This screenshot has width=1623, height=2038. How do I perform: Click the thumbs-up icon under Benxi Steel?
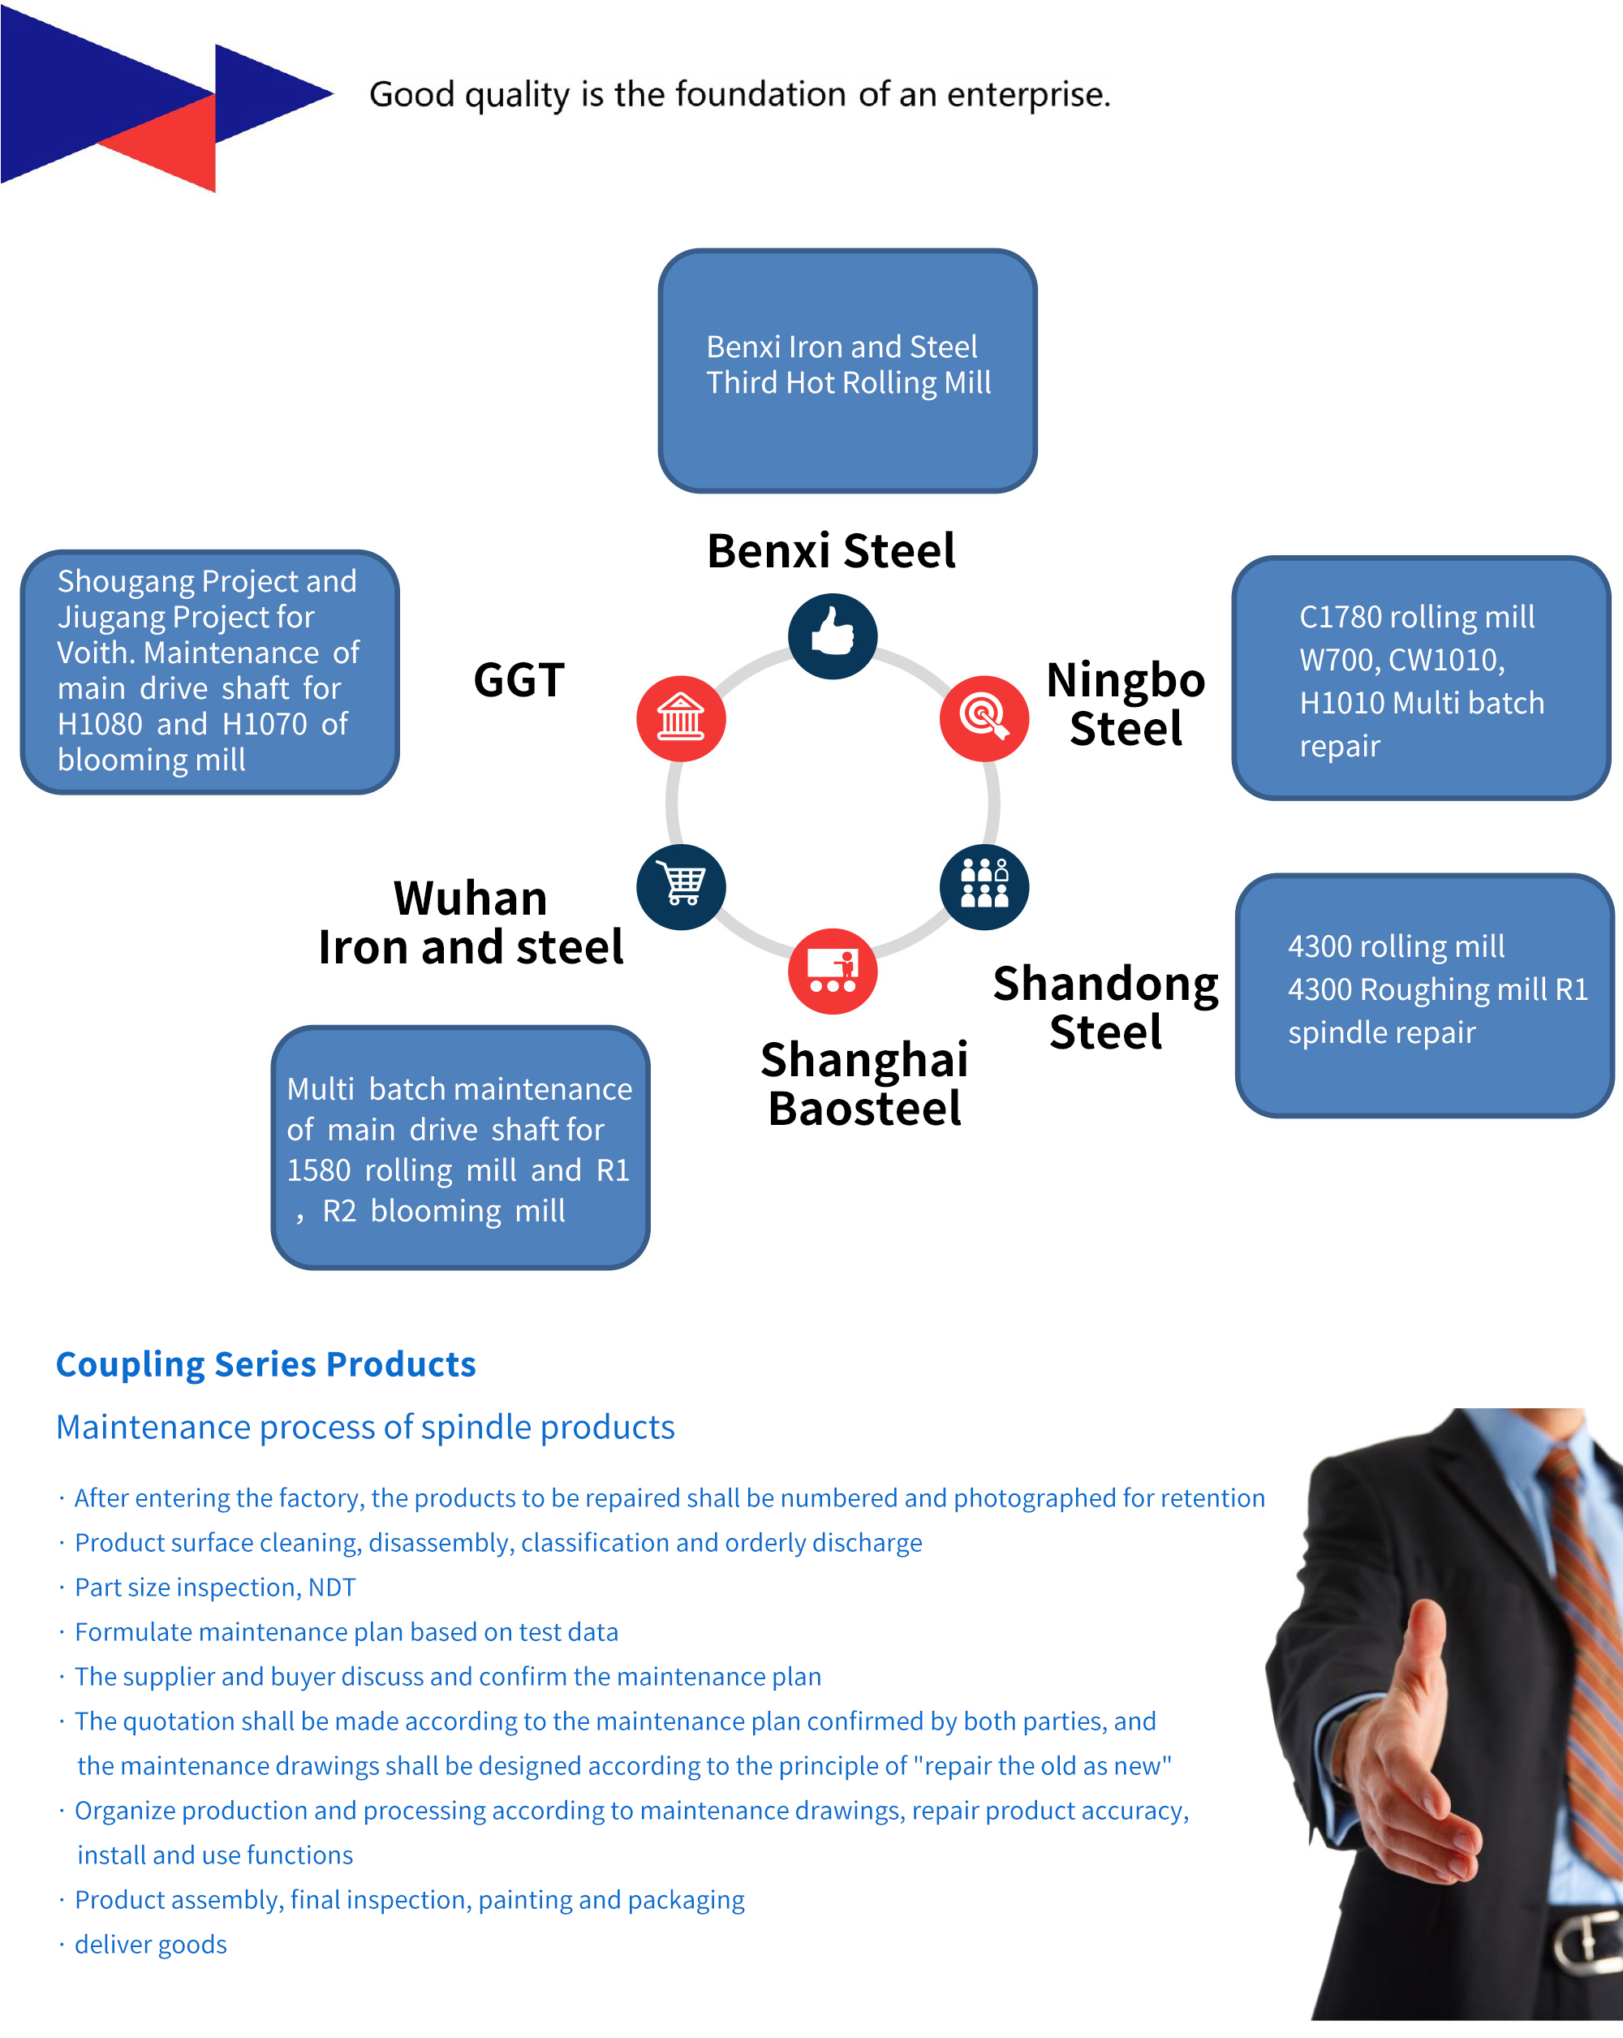(x=833, y=636)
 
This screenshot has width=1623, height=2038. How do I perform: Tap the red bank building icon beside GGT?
(x=681, y=718)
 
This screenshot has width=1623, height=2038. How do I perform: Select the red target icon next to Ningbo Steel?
(x=984, y=718)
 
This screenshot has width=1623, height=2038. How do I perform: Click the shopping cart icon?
(x=681, y=886)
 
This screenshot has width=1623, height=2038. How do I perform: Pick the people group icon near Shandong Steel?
(x=984, y=886)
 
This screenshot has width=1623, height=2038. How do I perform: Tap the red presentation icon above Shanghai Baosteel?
(x=833, y=971)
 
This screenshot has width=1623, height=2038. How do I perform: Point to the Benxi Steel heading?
(x=831, y=551)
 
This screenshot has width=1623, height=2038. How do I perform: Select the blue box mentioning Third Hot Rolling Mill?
(x=848, y=371)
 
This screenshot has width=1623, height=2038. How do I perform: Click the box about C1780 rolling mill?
(x=1421, y=678)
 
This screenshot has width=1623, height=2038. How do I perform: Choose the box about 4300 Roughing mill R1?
(x=1424, y=995)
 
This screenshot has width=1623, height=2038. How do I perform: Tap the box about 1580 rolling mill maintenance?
(x=460, y=1148)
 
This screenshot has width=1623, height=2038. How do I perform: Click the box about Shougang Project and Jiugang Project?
(x=210, y=672)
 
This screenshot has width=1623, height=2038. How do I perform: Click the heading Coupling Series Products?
(x=265, y=1365)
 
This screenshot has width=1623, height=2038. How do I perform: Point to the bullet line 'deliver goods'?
(x=150, y=1945)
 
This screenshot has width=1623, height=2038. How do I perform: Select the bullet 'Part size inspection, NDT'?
(x=214, y=1587)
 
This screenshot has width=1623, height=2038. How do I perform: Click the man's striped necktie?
(x=1588, y=1654)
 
